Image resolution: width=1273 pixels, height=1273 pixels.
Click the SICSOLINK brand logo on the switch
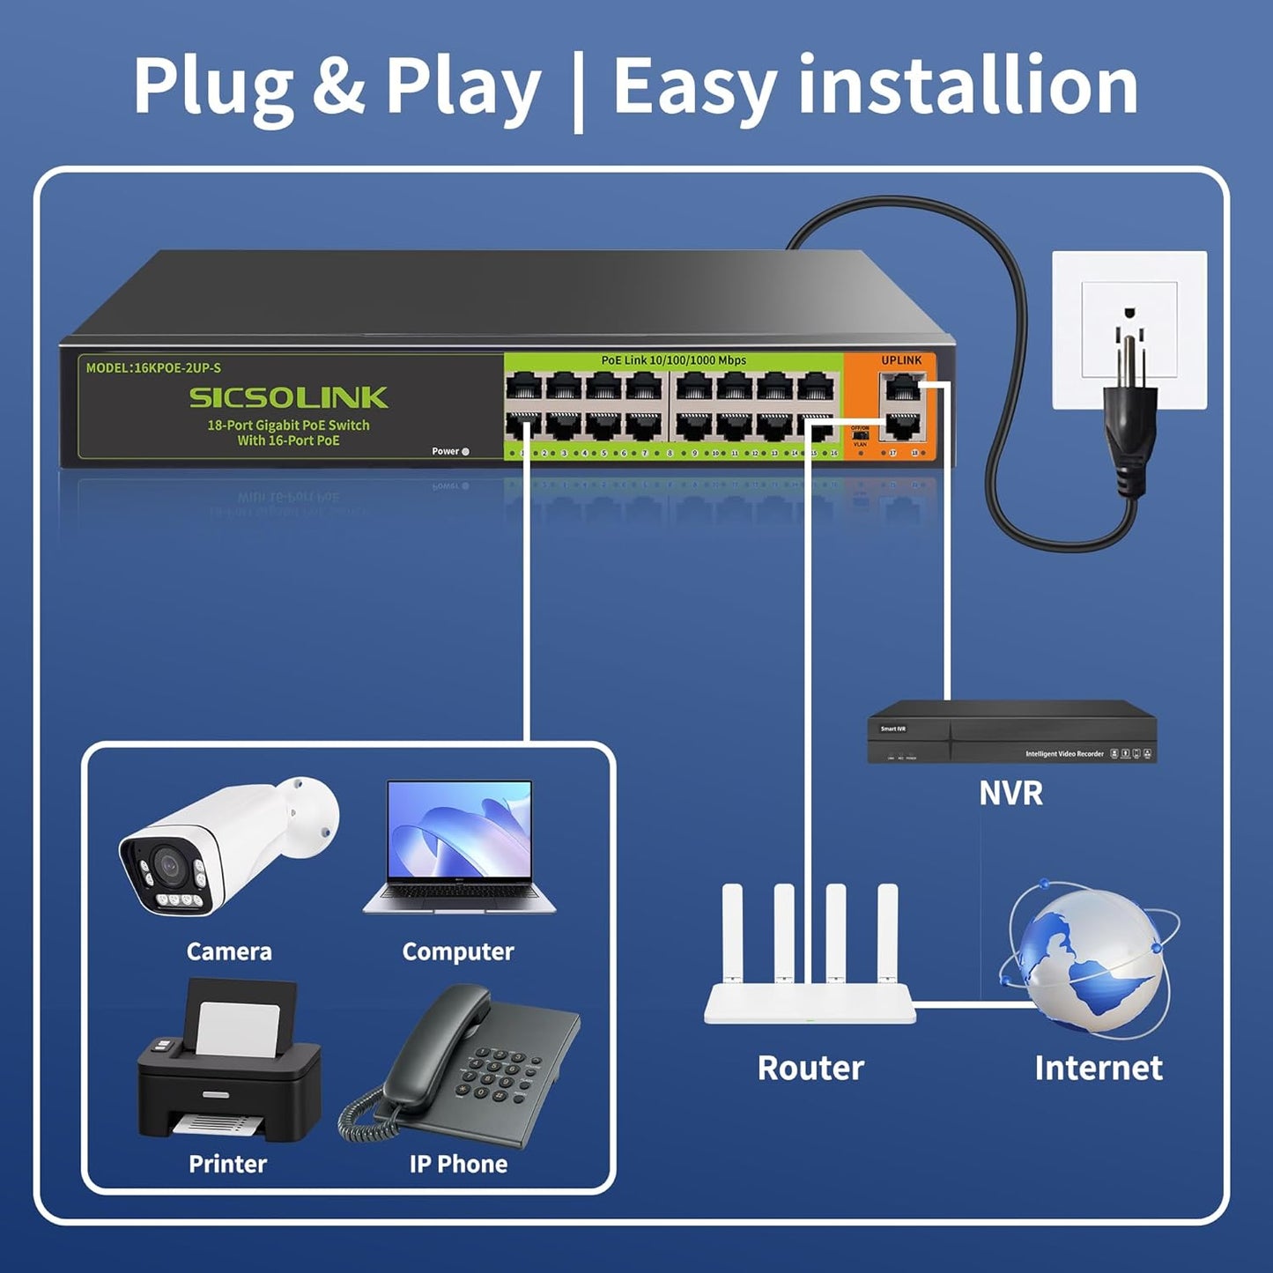pos(288,398)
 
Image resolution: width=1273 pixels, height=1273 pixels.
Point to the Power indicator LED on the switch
pos(465,452)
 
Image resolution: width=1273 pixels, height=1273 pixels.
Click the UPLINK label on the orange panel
pos(901,360)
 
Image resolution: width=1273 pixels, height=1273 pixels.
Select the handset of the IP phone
pos(440,1040)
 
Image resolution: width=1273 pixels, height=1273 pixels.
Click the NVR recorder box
pos(1011,732)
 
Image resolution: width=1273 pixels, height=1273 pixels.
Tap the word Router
pos(810,1068)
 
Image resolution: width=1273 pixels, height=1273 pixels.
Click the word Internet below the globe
pos(1098,1068)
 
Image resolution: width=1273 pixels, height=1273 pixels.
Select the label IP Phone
pos(458,1164)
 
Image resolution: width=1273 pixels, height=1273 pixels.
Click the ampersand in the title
pos(339,85)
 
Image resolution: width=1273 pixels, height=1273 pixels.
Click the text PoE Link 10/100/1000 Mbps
pos(673,360)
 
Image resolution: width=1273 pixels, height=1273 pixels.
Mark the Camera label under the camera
pos(229,951)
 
